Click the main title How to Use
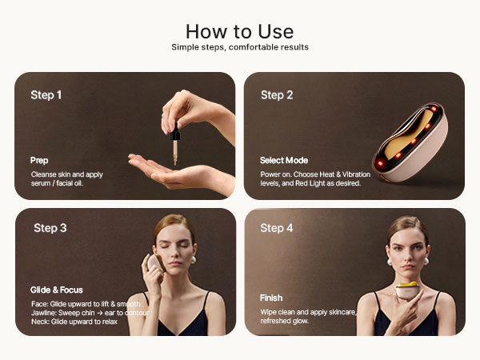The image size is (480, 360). click(x=239, y=31)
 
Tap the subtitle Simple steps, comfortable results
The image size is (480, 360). click(x=239, y=47)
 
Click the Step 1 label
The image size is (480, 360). click(x=46, y=95)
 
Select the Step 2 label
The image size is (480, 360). click(x=277, y=95)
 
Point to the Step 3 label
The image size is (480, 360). click(x=50, y=228)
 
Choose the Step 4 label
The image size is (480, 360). click(x=277, y=228)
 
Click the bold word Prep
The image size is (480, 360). click(x=39, y=161)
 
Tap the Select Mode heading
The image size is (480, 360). click(x=284, y=161)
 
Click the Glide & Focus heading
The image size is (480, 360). click(x=58, y=290)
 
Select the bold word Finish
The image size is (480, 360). click(x=271, y=298)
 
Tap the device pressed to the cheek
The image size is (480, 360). click(x=153, y=267)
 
